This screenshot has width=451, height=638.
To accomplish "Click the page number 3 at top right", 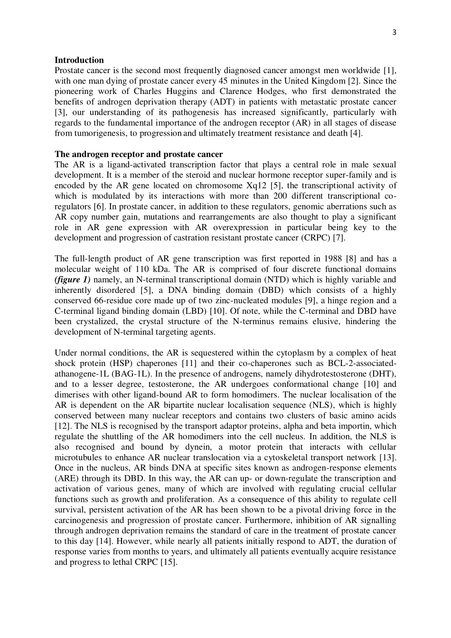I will [394, 32].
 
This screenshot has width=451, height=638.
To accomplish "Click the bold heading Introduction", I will [79, 60].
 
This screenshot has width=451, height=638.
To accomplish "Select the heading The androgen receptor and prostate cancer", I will [138, 154].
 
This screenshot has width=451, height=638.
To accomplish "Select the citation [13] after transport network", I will [387, 457].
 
